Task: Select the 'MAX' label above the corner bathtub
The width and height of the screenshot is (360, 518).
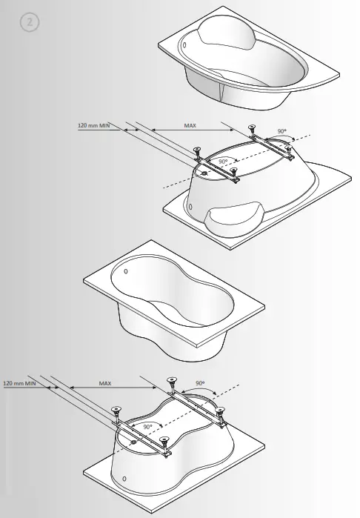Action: pos(190,125)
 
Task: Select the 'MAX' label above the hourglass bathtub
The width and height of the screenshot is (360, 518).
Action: pos(104,383)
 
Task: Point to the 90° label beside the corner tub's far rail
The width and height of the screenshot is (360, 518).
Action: pos(281,130)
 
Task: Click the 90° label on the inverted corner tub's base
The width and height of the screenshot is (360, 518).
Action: pos(222,161)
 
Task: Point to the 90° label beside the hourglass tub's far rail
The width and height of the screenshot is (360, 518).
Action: pos(200,384)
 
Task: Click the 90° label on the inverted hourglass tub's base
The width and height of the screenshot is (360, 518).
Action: pos(147,427)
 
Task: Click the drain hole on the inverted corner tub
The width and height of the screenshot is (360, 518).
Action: pos(204,173)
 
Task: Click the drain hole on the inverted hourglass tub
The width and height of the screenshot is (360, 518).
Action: pos(132,442)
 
